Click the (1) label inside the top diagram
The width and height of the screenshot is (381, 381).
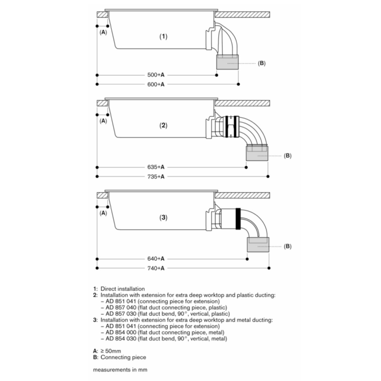coord(163,37)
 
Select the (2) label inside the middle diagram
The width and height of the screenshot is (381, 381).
coord(163,126)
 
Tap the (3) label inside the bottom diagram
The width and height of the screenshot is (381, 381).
coord(163,218)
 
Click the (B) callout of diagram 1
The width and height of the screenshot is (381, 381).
coord(262,63)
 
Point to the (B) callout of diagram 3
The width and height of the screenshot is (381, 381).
coord(288,247)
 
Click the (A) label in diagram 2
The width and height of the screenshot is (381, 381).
coord(103,121)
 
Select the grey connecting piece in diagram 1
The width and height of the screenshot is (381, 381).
coord(227,62)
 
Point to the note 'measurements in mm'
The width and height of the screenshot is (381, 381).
coord(120,370)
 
